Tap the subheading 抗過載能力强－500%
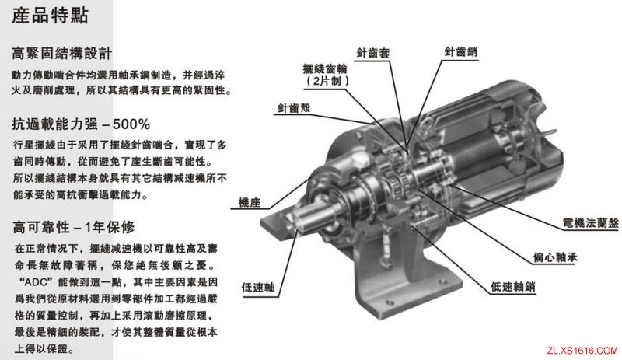81,124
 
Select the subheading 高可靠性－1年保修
73,228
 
